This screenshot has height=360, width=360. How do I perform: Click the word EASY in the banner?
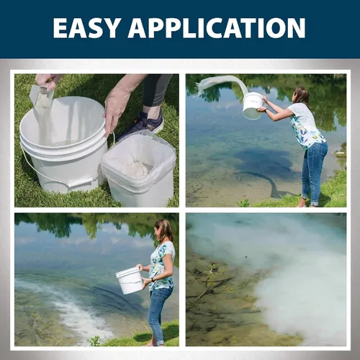coord(86,28)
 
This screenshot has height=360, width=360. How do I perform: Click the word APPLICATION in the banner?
coord(217,28)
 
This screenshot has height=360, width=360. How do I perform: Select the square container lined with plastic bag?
coord(139,168)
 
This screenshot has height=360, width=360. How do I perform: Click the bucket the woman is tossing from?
coord(253,106)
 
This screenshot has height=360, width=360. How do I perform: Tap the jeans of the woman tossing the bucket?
coord(315,171)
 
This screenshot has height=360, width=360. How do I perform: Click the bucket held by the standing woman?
coord(129,280)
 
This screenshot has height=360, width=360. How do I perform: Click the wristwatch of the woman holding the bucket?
coord(152,279)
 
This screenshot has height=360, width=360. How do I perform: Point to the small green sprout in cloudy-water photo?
coord(212,269)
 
